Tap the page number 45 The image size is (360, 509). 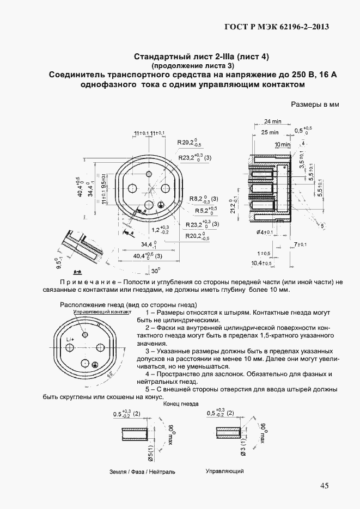326,486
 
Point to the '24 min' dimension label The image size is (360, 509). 272,121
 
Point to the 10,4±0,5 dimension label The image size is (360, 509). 261,263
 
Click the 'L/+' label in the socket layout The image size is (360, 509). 70,340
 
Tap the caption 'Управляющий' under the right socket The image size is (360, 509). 224,471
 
